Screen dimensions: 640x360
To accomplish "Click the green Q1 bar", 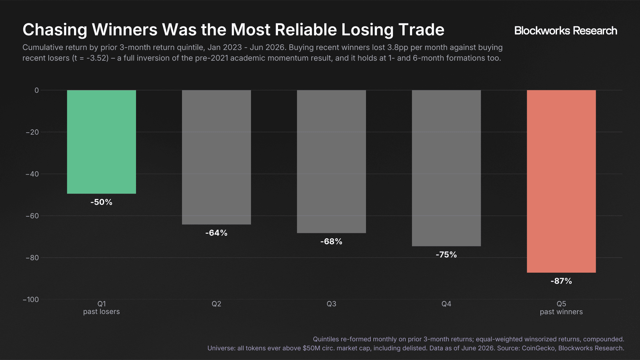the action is tap(101, 142).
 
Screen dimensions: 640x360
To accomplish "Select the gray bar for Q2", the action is tap(216, 157).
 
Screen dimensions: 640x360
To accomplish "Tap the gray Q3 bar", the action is tap(331, 162).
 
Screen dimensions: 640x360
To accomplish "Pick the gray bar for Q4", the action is tap(446, 168).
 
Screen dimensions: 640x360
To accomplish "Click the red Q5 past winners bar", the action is tap(561, 182).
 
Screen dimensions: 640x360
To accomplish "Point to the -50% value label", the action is tap(101, 202).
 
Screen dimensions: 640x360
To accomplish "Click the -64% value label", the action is tap(216, 233).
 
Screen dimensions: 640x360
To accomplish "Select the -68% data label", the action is tap(331, 242).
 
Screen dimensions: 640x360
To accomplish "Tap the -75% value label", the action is tap(446, 255).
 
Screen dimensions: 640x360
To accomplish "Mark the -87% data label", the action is tap(561, 281).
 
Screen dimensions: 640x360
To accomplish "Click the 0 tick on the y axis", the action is tap(37, 90).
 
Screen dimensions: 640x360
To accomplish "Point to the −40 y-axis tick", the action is tap(32, 174).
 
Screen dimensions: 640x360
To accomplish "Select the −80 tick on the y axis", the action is tap(32, 258).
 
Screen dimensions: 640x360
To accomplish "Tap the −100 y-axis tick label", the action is tap(31, 300).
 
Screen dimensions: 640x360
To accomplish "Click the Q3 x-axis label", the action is tap(331, 304).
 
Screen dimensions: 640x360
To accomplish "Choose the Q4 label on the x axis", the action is tap(446, 304).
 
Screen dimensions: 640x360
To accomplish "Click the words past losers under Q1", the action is tap(101, 312).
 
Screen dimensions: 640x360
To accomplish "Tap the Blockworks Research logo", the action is tap(566, 31).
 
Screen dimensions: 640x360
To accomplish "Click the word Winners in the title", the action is tap(124, 30).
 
